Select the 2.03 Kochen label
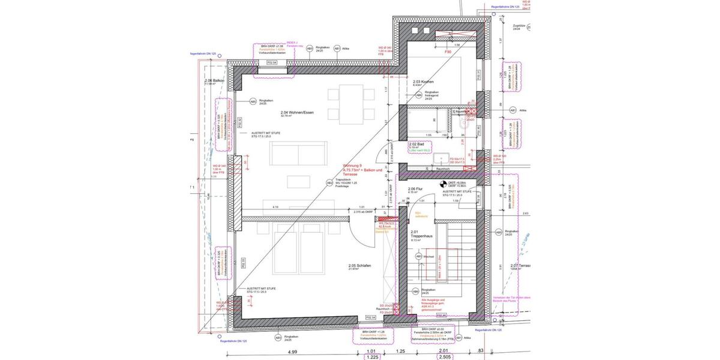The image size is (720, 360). tap(423, 82)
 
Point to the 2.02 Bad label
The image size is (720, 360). tap(417, 145)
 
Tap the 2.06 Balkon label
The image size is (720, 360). tap(214, 80)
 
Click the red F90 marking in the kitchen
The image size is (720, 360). tap(447, 53)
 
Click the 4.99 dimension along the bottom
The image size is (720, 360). tap(292, 352)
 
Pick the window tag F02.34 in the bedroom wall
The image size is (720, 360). tap(370, 317)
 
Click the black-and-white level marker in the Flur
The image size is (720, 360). tap(443, 184)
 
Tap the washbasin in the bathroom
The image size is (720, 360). tap(442, 159)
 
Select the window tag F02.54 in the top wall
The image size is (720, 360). tap(271, 62)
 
